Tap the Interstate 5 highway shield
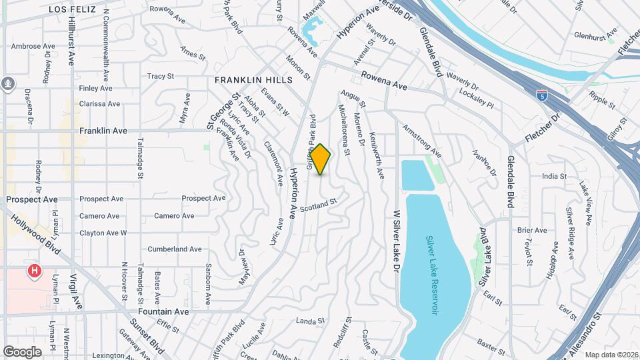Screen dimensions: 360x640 click(542, 95)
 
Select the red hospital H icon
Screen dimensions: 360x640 click(33, 271)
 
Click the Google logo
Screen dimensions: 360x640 click(22, 351)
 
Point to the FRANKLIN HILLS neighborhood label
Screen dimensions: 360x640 click(253, 80)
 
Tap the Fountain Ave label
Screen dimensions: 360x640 click(164, 311)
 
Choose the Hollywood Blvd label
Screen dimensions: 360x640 click(37, 234)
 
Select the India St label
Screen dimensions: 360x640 click(554, 177)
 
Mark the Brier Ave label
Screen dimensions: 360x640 click(531, 231)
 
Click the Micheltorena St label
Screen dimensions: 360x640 click(345, 129)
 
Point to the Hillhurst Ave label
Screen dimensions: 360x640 click(72, 41)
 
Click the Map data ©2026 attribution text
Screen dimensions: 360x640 click(611, 355)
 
